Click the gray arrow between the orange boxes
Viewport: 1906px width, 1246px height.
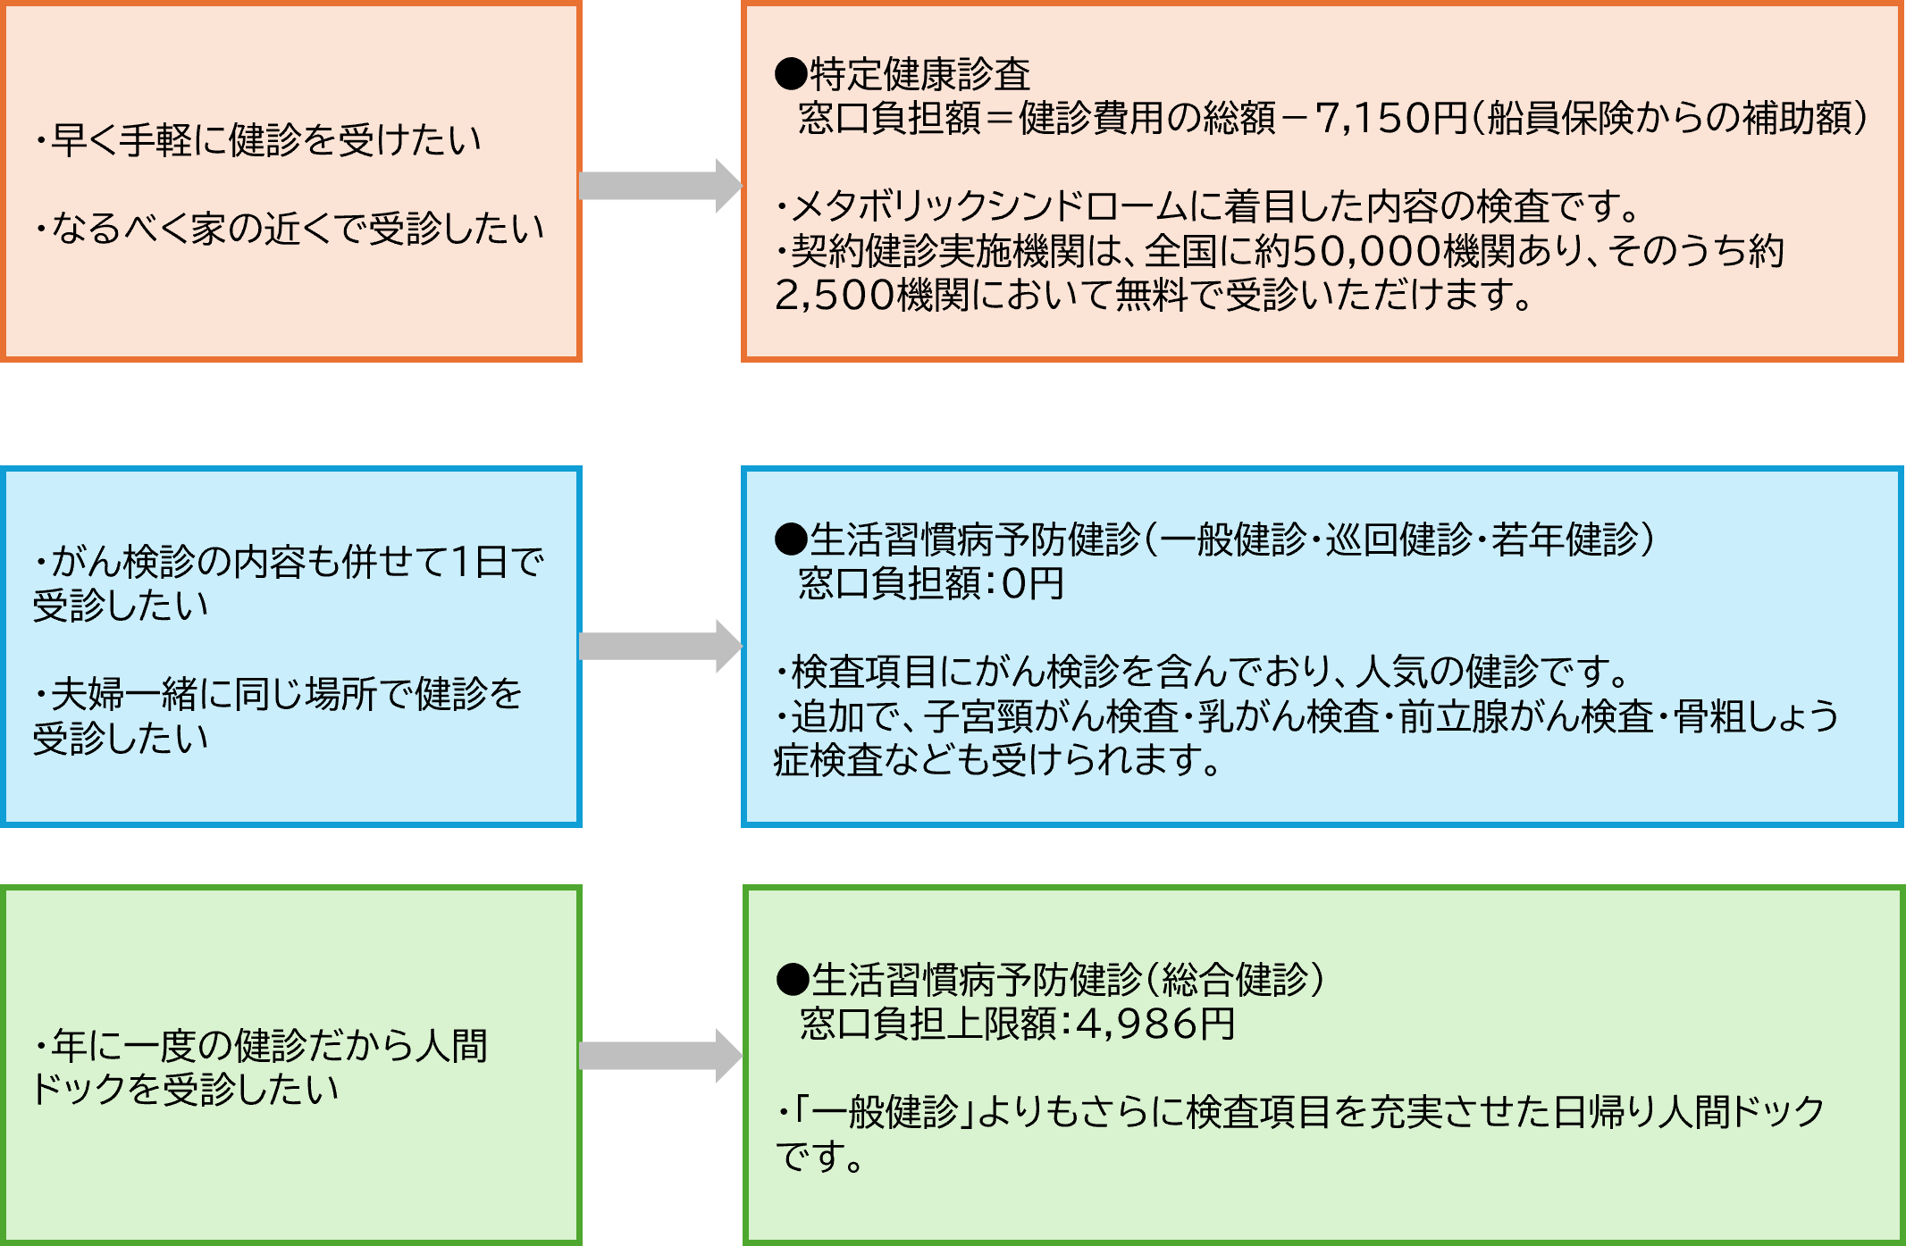[x=659, y=186]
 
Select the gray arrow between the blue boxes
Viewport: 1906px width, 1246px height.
[x=659, y=646]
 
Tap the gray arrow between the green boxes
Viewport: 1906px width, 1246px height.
[x=659, y=1056]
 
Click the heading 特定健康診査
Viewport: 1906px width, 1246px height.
[x=919, y=74]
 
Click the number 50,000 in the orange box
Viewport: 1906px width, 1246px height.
[x=1366, y=251]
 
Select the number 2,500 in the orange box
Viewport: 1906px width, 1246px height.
[x=835, y=296]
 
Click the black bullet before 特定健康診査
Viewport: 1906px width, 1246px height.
[x=791, y=74]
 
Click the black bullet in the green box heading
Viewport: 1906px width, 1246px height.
[x=792, y=980]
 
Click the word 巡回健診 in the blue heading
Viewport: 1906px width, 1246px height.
[x=1398, y=539]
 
